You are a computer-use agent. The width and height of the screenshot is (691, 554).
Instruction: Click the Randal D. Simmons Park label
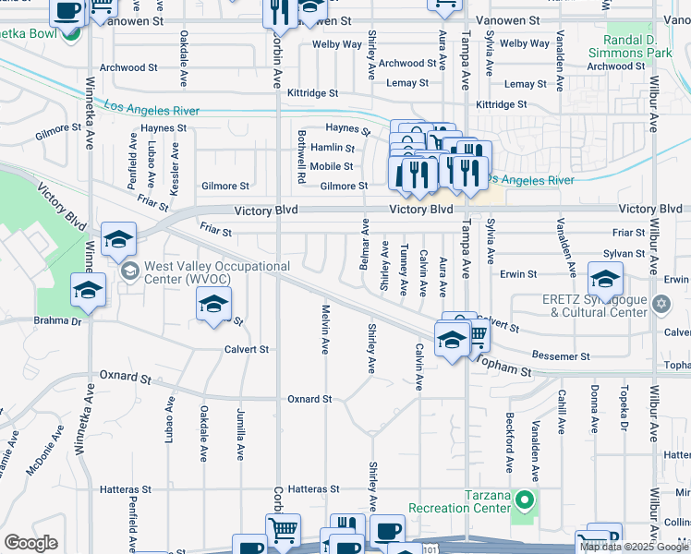pyautogui.click(x=636, y=47)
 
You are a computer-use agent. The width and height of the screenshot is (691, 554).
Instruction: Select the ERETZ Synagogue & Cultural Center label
pyautogui.click(x=594, y=306)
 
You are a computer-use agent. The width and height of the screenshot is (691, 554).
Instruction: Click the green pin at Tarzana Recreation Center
pyautogui.click(x=525, y=501)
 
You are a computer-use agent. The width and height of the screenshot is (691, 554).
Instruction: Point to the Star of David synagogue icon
pyautogui.click(x=661, y=304)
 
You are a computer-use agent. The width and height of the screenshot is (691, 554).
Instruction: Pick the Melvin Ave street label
pyautogui.click(x=325, y=330)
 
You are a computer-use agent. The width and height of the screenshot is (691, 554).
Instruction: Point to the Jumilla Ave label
pyautogui.click(x=240, y=439)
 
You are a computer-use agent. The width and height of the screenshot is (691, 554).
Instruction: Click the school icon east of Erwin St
pyautogui.click(x=604, y=278)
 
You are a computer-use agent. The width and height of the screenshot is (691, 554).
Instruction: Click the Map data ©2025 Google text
pyautogui.click(x=633, y=547)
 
